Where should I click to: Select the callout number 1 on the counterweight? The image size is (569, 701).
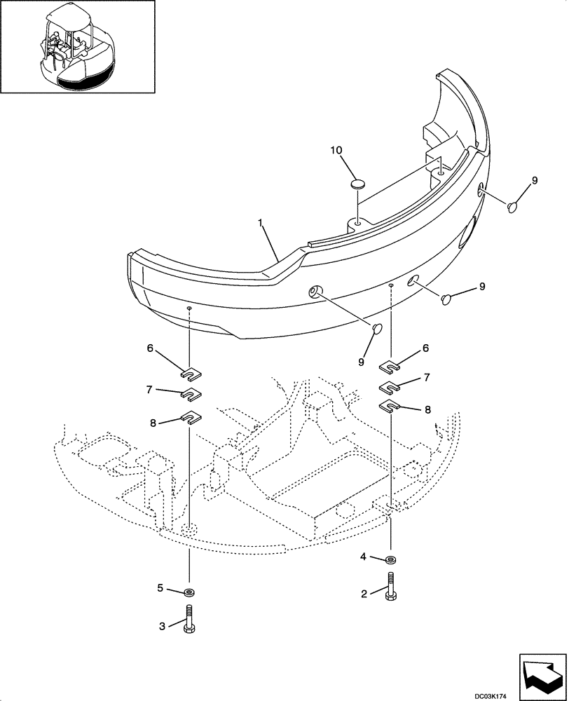[x=261, y=222]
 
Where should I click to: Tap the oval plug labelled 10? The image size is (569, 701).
[x=358, y=184]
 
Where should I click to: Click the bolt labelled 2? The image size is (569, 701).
[x=391, y=586]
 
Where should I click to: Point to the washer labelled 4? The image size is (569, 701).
[x=391, y=559]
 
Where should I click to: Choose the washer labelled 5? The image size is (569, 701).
[x=189, y=592]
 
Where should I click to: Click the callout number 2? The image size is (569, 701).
[x=364, y=594]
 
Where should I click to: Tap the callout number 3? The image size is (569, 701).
[x=163, y=626]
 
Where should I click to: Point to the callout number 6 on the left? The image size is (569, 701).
[x=150, y=347]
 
